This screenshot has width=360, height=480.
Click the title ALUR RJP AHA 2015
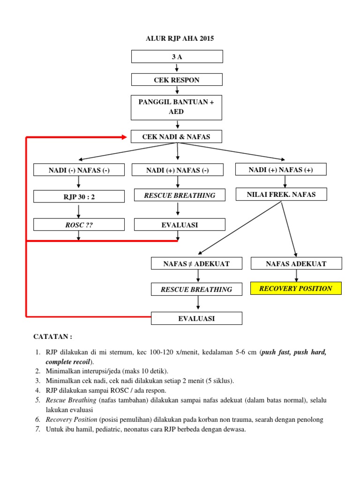click(180, 39)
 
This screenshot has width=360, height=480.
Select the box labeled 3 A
click(177, 57)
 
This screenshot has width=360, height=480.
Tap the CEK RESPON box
click(177, 80)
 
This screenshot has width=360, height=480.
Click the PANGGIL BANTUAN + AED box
click(177, 107)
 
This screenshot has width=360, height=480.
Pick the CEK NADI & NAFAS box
click(177, 136)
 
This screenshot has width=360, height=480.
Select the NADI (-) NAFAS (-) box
click(79, 170)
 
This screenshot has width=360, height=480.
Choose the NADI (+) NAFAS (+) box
click(281, 170)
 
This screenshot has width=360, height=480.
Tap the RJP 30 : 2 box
click(79, 197)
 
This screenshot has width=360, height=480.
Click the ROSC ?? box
click(79, 225)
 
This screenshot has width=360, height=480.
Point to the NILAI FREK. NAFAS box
click(281, 195)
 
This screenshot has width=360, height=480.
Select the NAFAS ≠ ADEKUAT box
click(196, 264)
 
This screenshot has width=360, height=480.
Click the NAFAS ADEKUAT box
click(296, 264)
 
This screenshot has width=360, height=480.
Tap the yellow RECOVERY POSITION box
click(296, 288)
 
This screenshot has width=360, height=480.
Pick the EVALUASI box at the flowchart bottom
click(196, 318)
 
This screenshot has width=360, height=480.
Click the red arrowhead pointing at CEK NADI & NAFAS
click(124, 137)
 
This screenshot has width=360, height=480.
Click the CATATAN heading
click(53, 337)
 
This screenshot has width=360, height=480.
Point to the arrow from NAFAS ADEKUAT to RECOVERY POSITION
click(296, 276)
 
